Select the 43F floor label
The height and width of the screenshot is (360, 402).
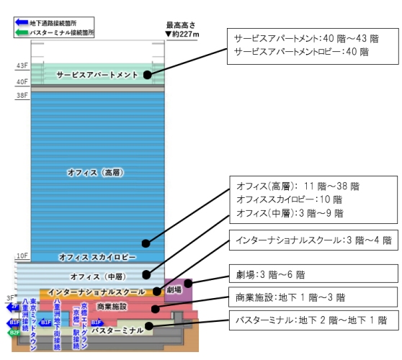22,66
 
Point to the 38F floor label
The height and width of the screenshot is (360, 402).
22,95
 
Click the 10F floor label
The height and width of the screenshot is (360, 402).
22,256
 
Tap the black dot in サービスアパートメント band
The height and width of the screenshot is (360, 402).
147,74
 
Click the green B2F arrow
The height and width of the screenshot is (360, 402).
14,333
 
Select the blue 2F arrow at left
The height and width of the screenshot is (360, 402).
12,307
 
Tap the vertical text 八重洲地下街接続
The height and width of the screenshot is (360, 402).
57,324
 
